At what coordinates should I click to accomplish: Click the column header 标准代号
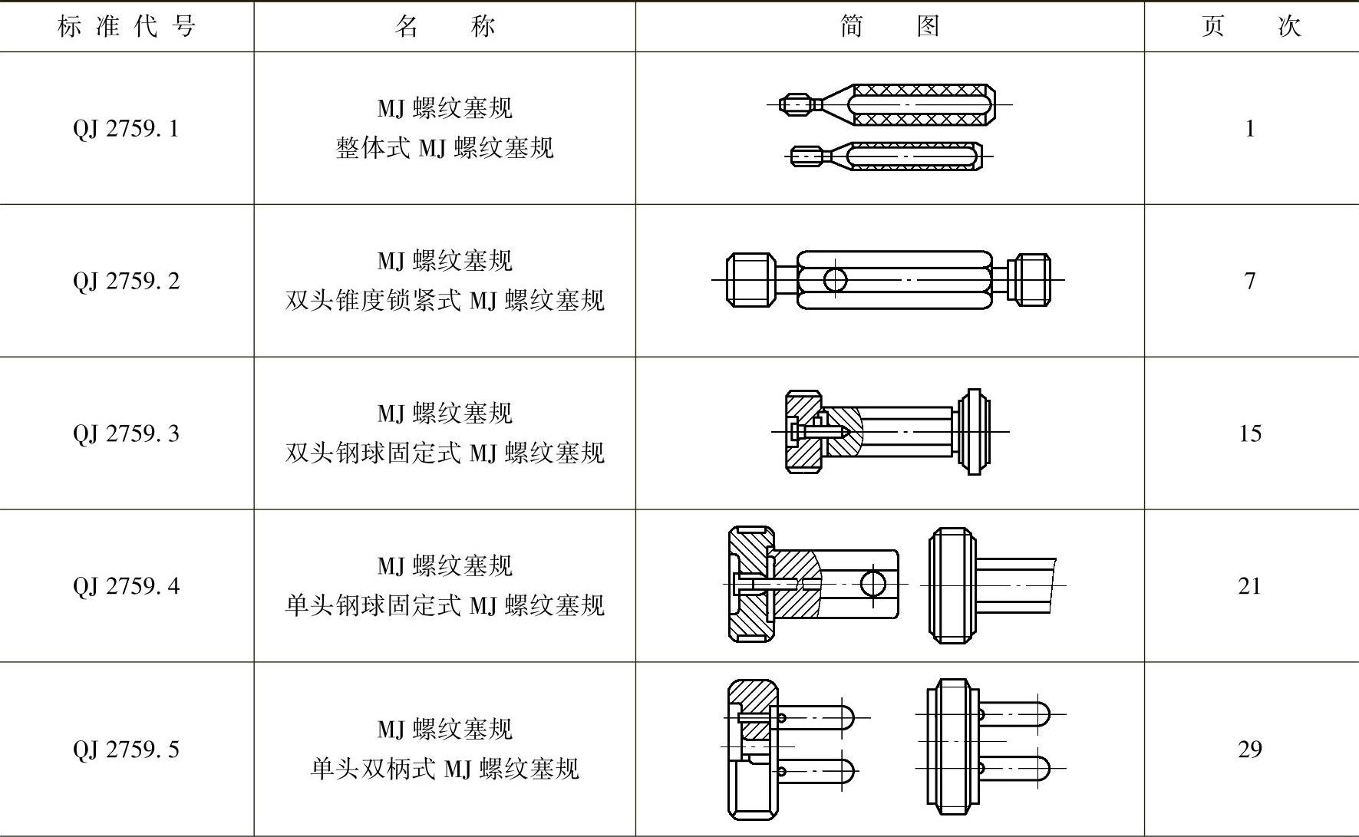[127, 27]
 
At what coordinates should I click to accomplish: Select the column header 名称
[445, 27]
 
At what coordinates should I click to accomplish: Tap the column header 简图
[890, 27]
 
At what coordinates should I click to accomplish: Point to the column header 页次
[1251, 27]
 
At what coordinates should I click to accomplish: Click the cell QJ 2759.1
[127, 128]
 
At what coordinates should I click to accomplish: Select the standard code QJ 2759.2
[127, 281]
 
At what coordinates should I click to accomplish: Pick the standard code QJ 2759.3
[127, 433]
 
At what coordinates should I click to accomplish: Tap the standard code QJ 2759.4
[127, 586]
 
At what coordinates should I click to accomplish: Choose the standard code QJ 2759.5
[127, 749]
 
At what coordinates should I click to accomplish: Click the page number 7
[1250, 281]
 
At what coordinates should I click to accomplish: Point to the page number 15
[1250, 433]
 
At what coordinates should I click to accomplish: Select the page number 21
[1250, 586]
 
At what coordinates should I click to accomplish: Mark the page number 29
[1250, 749]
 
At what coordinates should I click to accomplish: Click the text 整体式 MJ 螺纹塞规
[444, 147]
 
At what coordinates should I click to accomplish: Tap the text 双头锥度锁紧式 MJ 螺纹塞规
[445, 300]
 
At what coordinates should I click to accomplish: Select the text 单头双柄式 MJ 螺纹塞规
[445, 769]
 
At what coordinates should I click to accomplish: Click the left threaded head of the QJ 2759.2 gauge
[750, 281]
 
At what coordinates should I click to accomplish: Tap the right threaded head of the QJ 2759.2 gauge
[1029, 281]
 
